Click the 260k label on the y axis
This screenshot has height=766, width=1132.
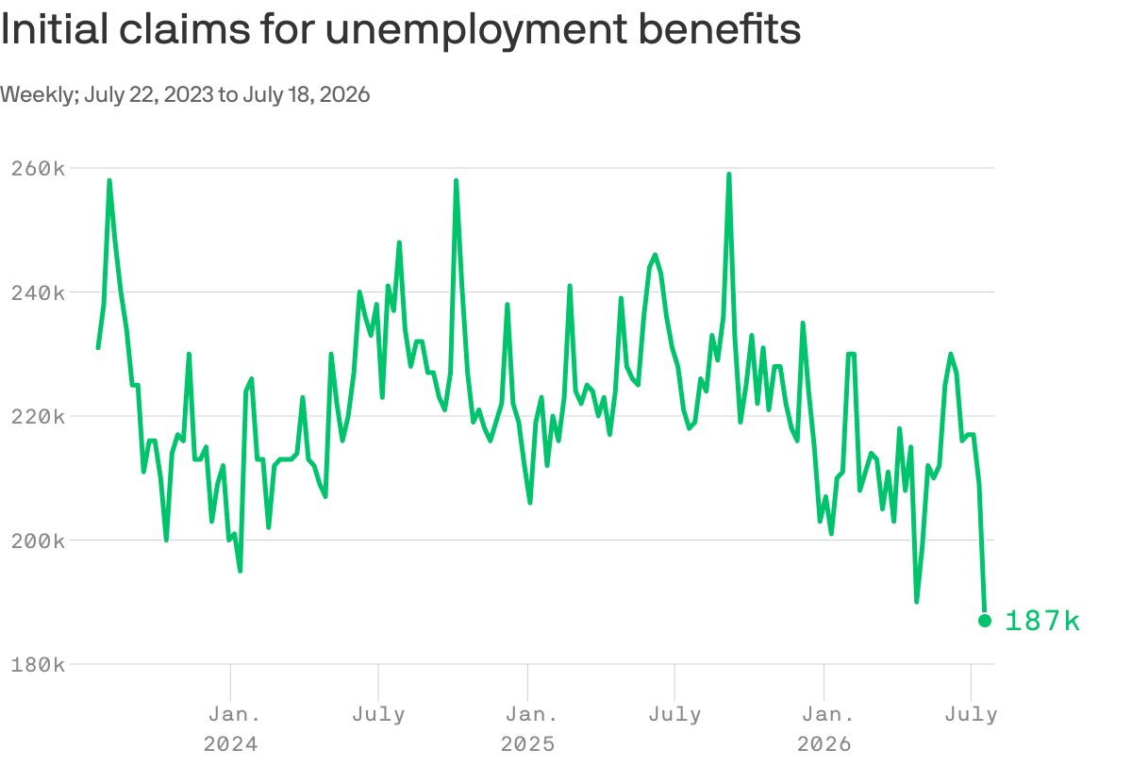(x=38, y=169)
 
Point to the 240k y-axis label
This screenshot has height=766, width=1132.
(x=38, y=293)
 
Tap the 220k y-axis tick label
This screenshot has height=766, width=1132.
(x=38, y=417)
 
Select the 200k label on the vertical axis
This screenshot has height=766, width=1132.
(x=38, y=541)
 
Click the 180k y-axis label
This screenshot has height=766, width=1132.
(x=38, y=665)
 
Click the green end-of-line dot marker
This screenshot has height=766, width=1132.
(x=985, y=621)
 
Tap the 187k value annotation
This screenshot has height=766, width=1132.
(x=1042, y=621)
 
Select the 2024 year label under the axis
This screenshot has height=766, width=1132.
(x=230, y=744)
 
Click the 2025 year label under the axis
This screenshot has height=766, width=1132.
(x=527, y=744)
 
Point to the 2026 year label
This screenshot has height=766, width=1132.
(x=824, y=744)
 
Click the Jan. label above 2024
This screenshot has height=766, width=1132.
(x=235, y=714)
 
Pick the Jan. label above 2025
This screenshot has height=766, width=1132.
(x=532, y=714)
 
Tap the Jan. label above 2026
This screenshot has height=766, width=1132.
(x=828, y=714)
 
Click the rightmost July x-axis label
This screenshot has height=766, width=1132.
(x=972, y=715)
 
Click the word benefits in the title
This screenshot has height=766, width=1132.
(x=720, y=28)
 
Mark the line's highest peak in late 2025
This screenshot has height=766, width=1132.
(x=728, y=175)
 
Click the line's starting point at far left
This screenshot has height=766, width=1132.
(x=98, y=348)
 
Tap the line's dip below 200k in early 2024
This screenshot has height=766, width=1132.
(x=240, y=571)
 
